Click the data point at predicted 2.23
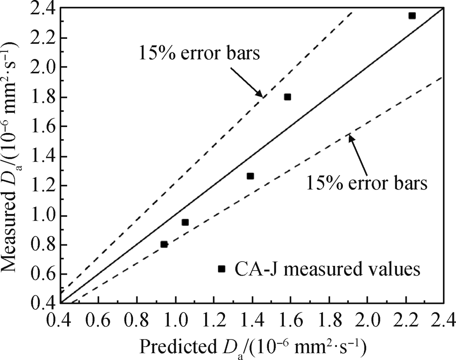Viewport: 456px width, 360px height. [x=412, y=16]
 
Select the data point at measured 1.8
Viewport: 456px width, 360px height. [x=288, y=97]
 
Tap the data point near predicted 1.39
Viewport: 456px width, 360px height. [x=250, y=176]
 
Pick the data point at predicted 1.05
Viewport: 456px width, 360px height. [x=185, y=222]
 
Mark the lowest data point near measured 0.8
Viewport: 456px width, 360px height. [x=164, y=244]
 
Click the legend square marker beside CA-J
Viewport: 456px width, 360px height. [x=221, y=269]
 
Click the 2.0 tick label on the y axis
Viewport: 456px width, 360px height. [x=46, y=68]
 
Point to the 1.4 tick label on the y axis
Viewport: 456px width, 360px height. [x=46, y=156]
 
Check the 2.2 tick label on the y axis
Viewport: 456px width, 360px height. [x=46, y=38]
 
